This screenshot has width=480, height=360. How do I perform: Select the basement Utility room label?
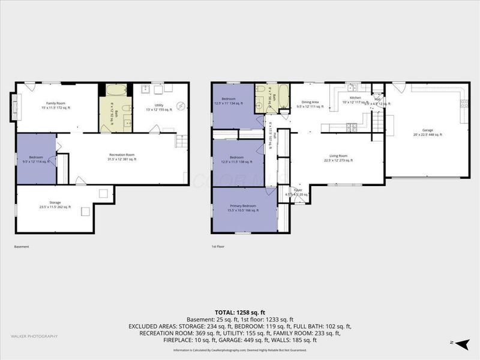[x=158, y=107]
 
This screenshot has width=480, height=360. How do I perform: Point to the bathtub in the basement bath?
[x=116, y=91]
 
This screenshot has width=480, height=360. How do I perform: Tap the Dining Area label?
[x=310, y=104]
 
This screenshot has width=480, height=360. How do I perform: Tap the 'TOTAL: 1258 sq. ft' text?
[x=240, y=313]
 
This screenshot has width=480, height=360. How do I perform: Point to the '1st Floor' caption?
[x=217, y=247]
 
